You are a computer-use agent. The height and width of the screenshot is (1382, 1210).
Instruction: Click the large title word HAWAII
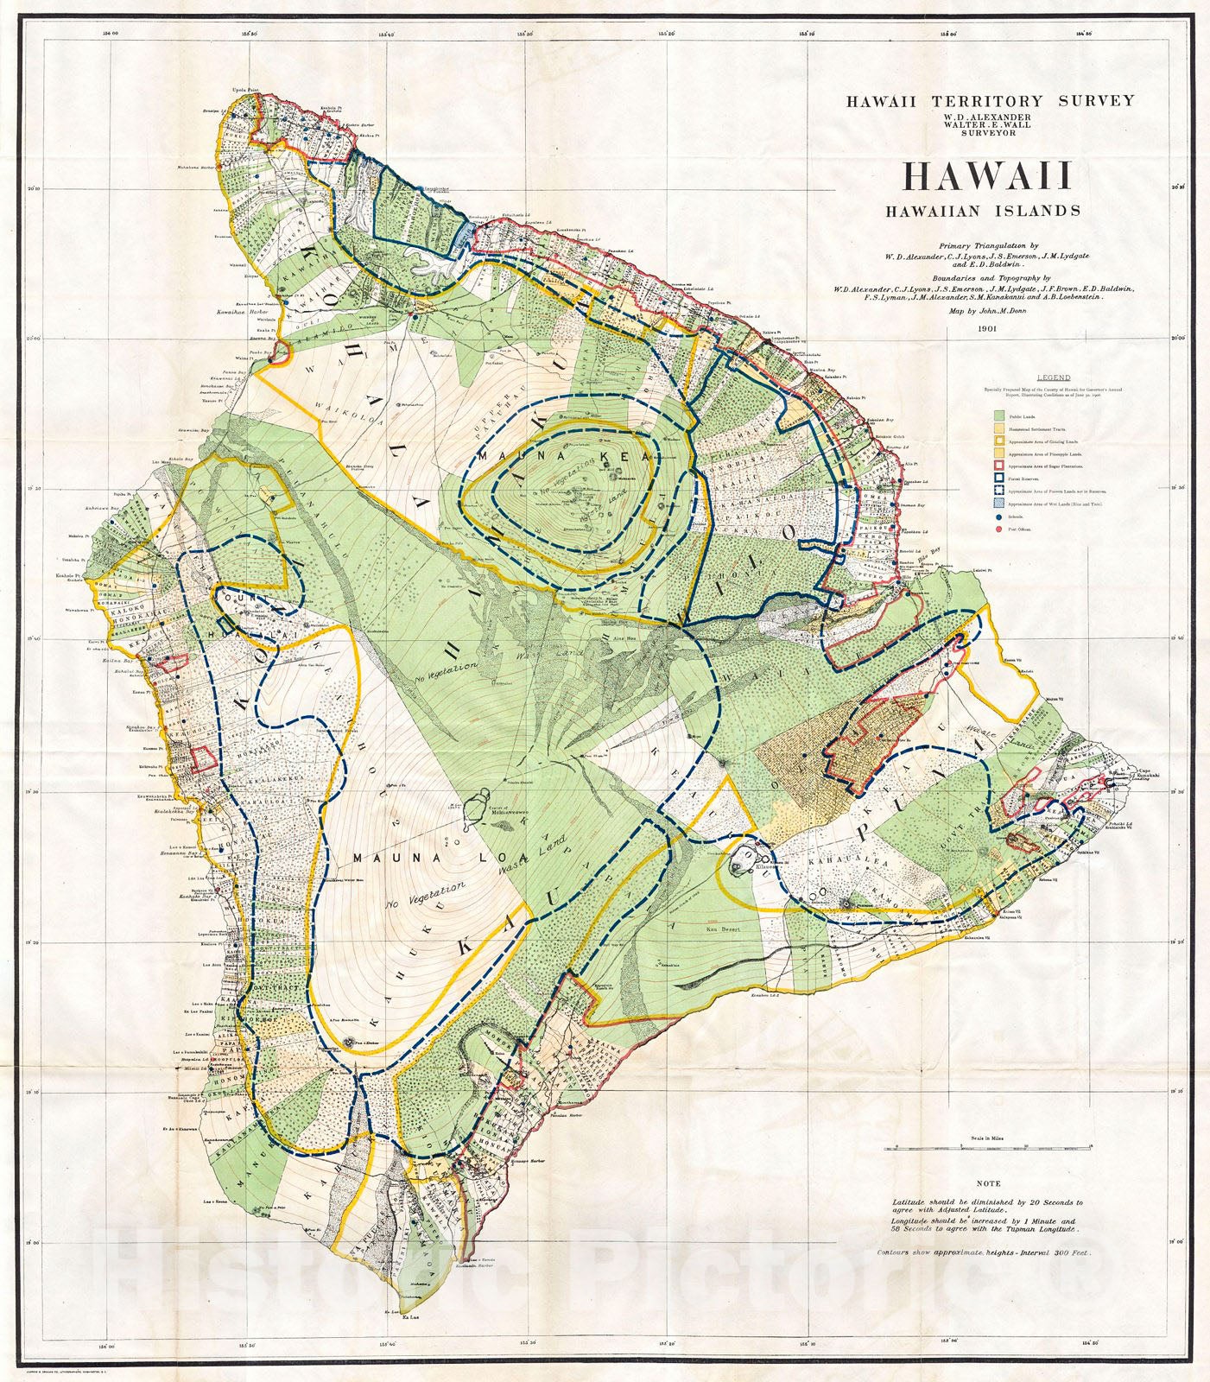(988, 176)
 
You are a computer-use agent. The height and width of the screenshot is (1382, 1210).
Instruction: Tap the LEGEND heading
(1054, 377)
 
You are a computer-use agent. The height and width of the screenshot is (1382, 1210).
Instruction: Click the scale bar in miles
(988, 1148)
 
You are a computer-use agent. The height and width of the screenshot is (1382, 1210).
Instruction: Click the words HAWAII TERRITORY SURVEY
(989, 100)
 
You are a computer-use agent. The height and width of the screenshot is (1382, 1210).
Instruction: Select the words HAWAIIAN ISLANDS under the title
(981, 210)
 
